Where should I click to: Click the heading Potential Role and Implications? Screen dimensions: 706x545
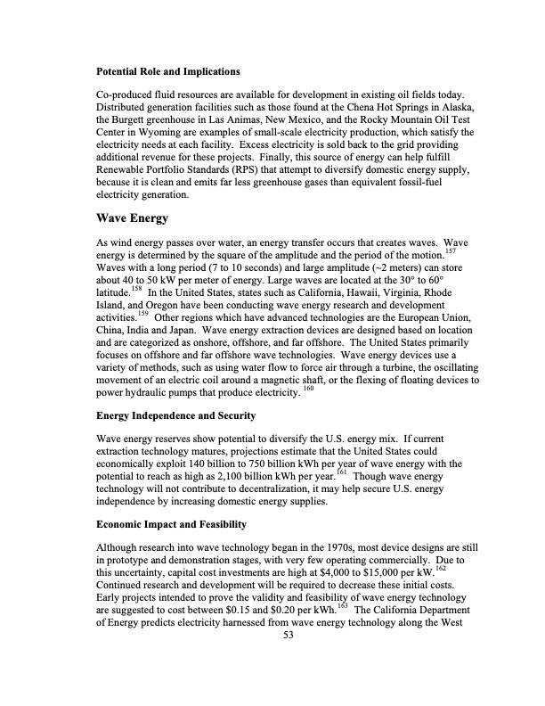coord(168,70)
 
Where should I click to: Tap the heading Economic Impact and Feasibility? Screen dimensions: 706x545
coord(172,523)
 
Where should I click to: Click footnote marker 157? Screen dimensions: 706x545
coord(475,252)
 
